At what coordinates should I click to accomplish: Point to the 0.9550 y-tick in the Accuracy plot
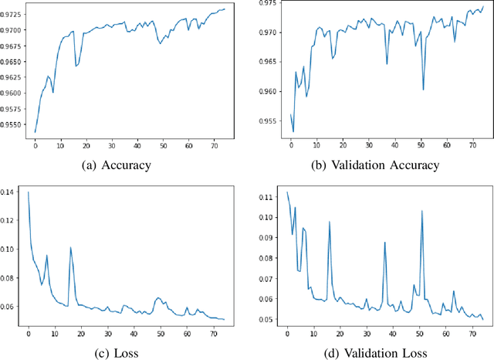tap(14, 123)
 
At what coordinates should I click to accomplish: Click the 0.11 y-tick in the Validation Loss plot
tap(271, 198)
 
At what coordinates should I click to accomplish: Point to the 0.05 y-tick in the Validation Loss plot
tap(271, 319)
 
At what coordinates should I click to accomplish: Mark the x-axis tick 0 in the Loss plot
tap(29, 332)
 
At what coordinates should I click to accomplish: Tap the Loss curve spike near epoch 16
tap(70, 247)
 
